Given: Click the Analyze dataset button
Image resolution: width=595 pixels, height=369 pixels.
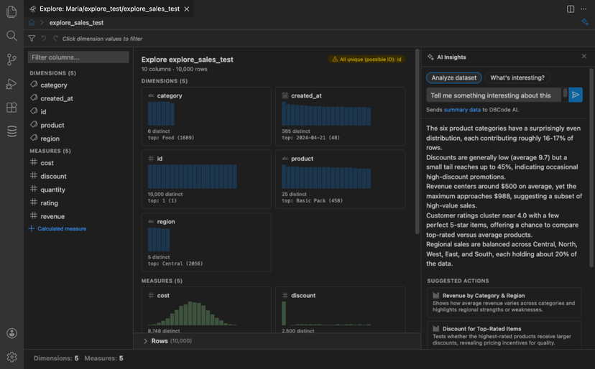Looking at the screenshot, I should click(453, 78).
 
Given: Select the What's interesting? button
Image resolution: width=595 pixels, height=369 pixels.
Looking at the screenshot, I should click(517, 78).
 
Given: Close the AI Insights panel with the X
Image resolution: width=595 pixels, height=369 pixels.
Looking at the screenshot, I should click(584, 56).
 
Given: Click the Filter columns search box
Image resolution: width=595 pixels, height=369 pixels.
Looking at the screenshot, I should click(78, 57).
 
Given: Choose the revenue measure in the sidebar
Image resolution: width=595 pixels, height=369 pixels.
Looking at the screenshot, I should click(52, 216).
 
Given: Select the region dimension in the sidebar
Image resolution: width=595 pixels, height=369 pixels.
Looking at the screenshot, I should click(50, 139).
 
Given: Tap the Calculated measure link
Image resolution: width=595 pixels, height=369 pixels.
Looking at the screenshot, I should click(61, 229).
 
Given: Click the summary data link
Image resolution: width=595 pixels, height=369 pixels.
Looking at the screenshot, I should click(462, 110).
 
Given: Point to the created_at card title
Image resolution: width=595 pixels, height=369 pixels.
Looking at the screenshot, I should click(305, 95).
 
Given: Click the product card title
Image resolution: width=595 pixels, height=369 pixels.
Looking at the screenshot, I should click(302, 159).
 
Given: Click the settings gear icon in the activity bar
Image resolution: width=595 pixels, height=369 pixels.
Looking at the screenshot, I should click(11, 357).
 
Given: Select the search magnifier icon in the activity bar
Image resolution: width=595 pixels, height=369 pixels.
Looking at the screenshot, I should click(11, 35).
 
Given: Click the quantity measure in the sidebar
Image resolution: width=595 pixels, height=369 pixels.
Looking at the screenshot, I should click(52, 190).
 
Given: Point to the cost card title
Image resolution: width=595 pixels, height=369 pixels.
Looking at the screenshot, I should click(163, 296).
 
